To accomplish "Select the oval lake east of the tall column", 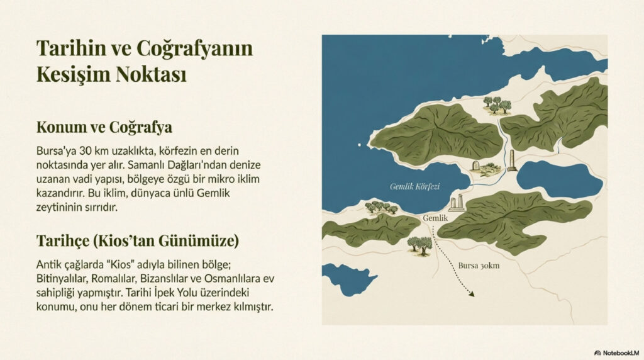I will pyautogui.click(x=558, y=179).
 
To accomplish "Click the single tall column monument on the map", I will pyautogui.click(x=512, y=160).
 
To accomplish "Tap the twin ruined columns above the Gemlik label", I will pyautogui.click(x=457, y=202).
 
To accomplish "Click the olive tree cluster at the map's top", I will pyautogui.click(x=496, y=104).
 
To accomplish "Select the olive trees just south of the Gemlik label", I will pyautogui.click(x=419, y=244).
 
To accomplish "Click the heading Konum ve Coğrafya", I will pyautogui.click(x=104, y=127).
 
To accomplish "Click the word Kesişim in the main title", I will pyautogui.click(x=74, y=74).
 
